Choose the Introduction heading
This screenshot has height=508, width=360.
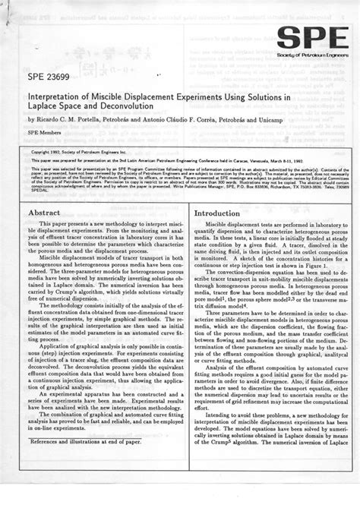click(221, 214)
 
